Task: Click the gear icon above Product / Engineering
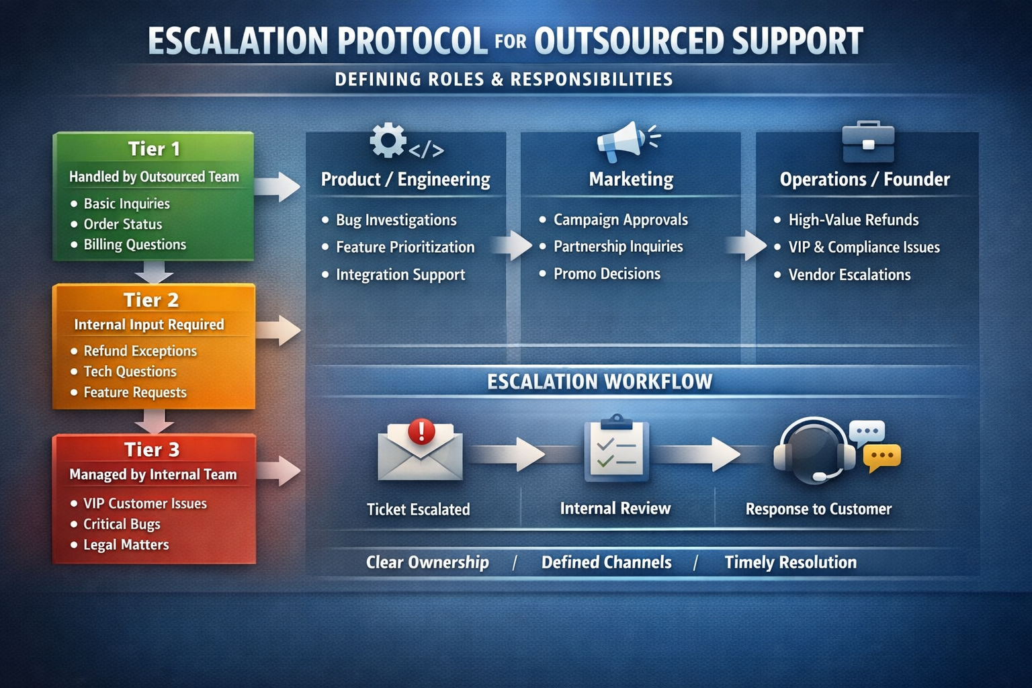click(x=388, y=141)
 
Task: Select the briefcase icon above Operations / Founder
click(x=868, y=142)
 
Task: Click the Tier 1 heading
click(x=154, y=148)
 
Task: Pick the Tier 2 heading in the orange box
click(x=151, y=300)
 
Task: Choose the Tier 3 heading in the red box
click(x=152, y=449)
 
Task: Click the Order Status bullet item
click(x=122, y=224)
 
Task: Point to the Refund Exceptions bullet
click(x=140, y=351)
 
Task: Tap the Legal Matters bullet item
click(x=126, y=545)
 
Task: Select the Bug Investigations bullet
click(x=396, y=220)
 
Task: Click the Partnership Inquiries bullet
click(x=617, y=247)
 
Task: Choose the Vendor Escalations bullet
click(x=849, y=275)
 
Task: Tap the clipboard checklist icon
click(x=617, y=449)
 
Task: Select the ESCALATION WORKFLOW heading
click(x=599, y=382)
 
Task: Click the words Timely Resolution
click(x=790, y=562)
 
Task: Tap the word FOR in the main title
click(x=511, y=42)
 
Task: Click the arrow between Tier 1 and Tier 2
click(x=154, y=272)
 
